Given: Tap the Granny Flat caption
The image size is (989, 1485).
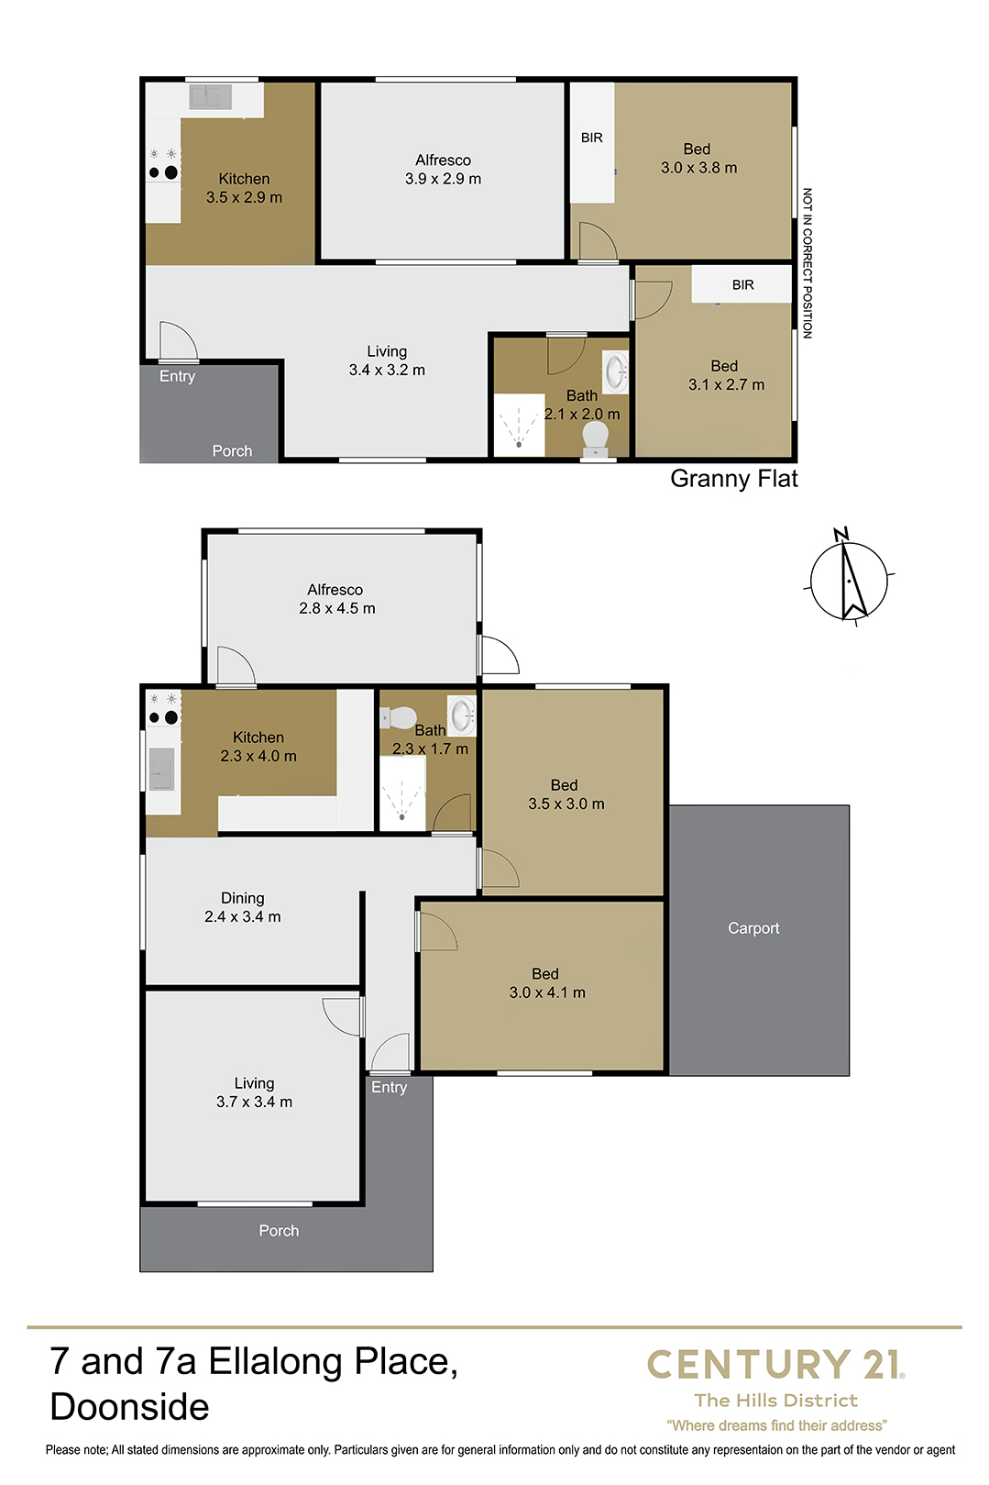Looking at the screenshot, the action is pyautogui.click(x=734, y=479).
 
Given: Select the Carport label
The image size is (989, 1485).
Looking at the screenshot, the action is pyautogui.click(x=753, y=928).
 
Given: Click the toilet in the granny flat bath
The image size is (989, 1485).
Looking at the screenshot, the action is pyautogui.click(x=596, y=439).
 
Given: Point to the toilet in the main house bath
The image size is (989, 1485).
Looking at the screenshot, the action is pyautogui.click(x=398, y=717).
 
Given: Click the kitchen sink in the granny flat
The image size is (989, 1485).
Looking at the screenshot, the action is pyautogui.click(x=210, y=97).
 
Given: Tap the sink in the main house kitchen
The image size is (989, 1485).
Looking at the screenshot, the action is pyautogui.click(x=161, y=769).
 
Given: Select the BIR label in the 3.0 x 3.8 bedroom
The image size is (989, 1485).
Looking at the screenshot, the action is pyautogui.click(x=591, y=138).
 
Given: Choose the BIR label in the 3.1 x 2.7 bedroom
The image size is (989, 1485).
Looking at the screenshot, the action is pyautogui.click(x=742, y=285).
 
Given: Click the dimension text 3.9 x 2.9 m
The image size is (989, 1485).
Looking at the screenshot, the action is pyautogui.click(x=443, y=179).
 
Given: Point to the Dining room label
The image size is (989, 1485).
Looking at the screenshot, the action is pyautogui.click(x=243, y=898).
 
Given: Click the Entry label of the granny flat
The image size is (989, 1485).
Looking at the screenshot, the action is pyautogui.click(x=177, y=377).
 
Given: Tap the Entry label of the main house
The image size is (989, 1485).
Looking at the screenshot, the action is pyautogui.click(x=389, y=1087).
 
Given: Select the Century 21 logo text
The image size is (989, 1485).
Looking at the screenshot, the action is pyautogui.click(x=775, y=1365).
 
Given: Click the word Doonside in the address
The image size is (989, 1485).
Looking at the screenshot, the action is pyautogui.click(x=130, y=1407).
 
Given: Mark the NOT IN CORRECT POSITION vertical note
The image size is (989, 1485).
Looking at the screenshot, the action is pyautogui.click(x=807, y=263).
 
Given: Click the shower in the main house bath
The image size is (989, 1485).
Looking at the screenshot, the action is pyautogui.click(x=402, y=792).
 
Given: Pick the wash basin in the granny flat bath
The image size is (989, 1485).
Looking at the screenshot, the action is pyautogui.click(x=615, y=371).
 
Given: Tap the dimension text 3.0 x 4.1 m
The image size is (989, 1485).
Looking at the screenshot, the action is pyautogui.click(x=547, y=992).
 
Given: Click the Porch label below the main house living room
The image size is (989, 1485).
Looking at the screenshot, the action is pyautogui.click(x=279, y=1231).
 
